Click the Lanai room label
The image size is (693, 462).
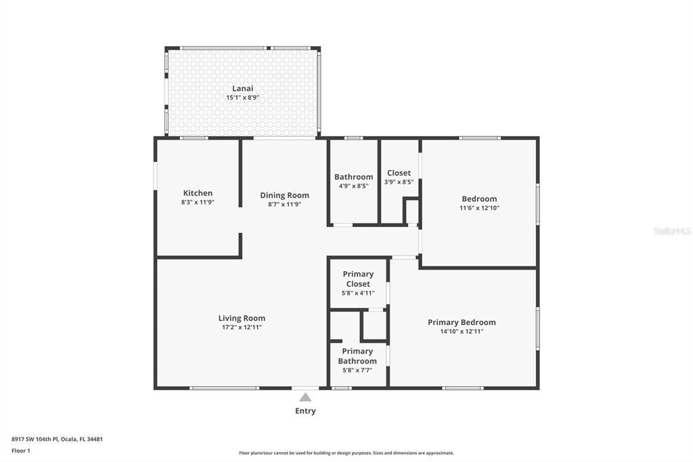242,88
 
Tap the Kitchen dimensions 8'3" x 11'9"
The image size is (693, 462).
198,203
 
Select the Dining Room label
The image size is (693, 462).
284,195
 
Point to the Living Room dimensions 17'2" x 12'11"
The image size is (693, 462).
242,327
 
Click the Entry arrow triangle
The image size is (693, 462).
305,397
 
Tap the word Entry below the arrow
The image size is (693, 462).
305,411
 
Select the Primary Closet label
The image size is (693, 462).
358,279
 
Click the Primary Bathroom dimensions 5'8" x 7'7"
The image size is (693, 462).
357,370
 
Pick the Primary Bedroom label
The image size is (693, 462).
462,322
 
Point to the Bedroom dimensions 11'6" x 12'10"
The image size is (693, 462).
479,208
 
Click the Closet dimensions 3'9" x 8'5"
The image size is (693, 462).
399,182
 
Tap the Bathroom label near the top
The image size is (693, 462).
353,177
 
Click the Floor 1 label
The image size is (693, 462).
21,450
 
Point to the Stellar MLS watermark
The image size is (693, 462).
671,231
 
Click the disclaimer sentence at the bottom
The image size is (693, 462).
346,453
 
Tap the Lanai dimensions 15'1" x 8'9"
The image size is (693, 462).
242,98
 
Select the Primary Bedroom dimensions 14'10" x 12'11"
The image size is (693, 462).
462,331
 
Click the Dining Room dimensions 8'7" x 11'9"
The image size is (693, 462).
284,204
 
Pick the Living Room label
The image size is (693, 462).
242,318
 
